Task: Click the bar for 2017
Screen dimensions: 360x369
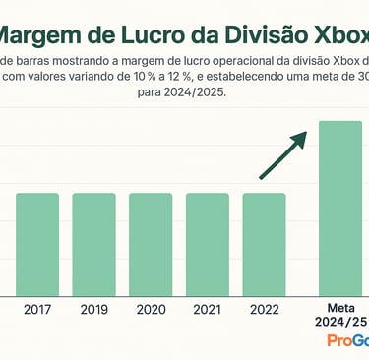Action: pyautogui.click(x=36, y=243)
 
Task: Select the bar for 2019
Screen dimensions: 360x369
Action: pyautogui.click(x=93, y=243)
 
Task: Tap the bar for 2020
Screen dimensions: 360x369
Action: pyautogui.click(x=151, y=243)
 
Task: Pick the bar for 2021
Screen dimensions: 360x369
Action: pyautogui.click(x=208, y=243)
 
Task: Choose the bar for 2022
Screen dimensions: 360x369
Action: pyautogui.click(x=264, y=243)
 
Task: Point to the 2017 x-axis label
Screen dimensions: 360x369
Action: pyautogui.click(x=36, y=310)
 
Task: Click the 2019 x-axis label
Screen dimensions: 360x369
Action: pyautogui.click(x=93, y=310)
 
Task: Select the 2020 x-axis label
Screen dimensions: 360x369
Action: pyautogui.click(x=151, y=310)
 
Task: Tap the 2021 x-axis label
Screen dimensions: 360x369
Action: pyautogui.click(x=208, y=310)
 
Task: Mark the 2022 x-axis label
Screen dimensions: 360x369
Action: pyautogui.click(x=264, y=310)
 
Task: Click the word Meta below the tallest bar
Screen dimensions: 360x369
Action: pyautogui.click(x=339, y=305)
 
